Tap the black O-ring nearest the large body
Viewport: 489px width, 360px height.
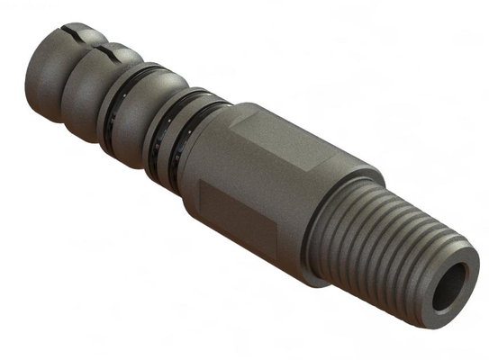(x=193, y=135)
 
